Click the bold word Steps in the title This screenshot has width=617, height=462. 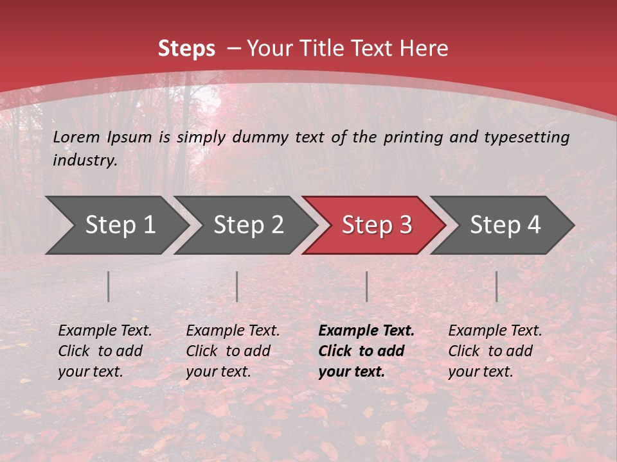[186, 49]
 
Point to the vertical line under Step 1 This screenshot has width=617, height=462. [109, 286]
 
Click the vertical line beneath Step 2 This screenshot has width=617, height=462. [237, 286]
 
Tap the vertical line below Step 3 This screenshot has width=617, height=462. [367, 286]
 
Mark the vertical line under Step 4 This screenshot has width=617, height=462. [497, 286]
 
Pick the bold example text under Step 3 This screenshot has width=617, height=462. [366, 351]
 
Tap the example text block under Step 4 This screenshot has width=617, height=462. [495, 351]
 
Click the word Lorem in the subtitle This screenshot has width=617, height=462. [76, 137]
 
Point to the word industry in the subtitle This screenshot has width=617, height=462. [84, 160]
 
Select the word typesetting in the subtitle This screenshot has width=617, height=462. [530, 137]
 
